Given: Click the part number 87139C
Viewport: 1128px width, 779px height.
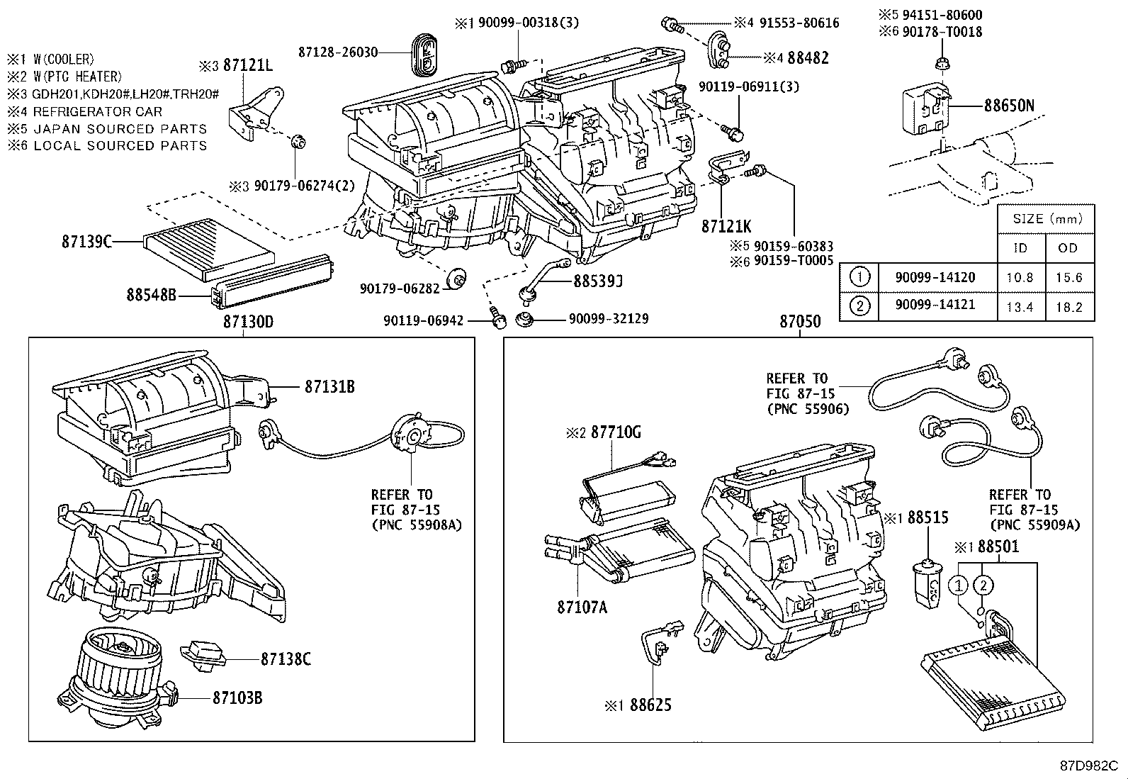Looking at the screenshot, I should coord(86,242).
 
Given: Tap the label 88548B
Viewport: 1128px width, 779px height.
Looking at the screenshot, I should coord(151,293).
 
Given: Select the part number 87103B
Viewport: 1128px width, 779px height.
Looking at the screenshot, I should coord(237,697).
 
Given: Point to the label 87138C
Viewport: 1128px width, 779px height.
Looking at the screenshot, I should coord(286,658).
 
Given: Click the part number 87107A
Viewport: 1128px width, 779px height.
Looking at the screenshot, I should coord(582,607).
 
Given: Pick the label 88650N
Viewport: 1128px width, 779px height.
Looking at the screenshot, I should coord(1009,106).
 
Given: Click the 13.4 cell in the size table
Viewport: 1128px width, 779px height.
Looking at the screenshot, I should coord(1020,306).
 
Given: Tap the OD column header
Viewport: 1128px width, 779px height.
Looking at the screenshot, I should coord(1068,247).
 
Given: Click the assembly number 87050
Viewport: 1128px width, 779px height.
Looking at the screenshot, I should coord(800,322).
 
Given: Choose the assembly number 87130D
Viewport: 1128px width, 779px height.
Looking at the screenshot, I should coord(248,322).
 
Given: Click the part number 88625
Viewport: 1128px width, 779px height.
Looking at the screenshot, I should coord(650,705).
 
